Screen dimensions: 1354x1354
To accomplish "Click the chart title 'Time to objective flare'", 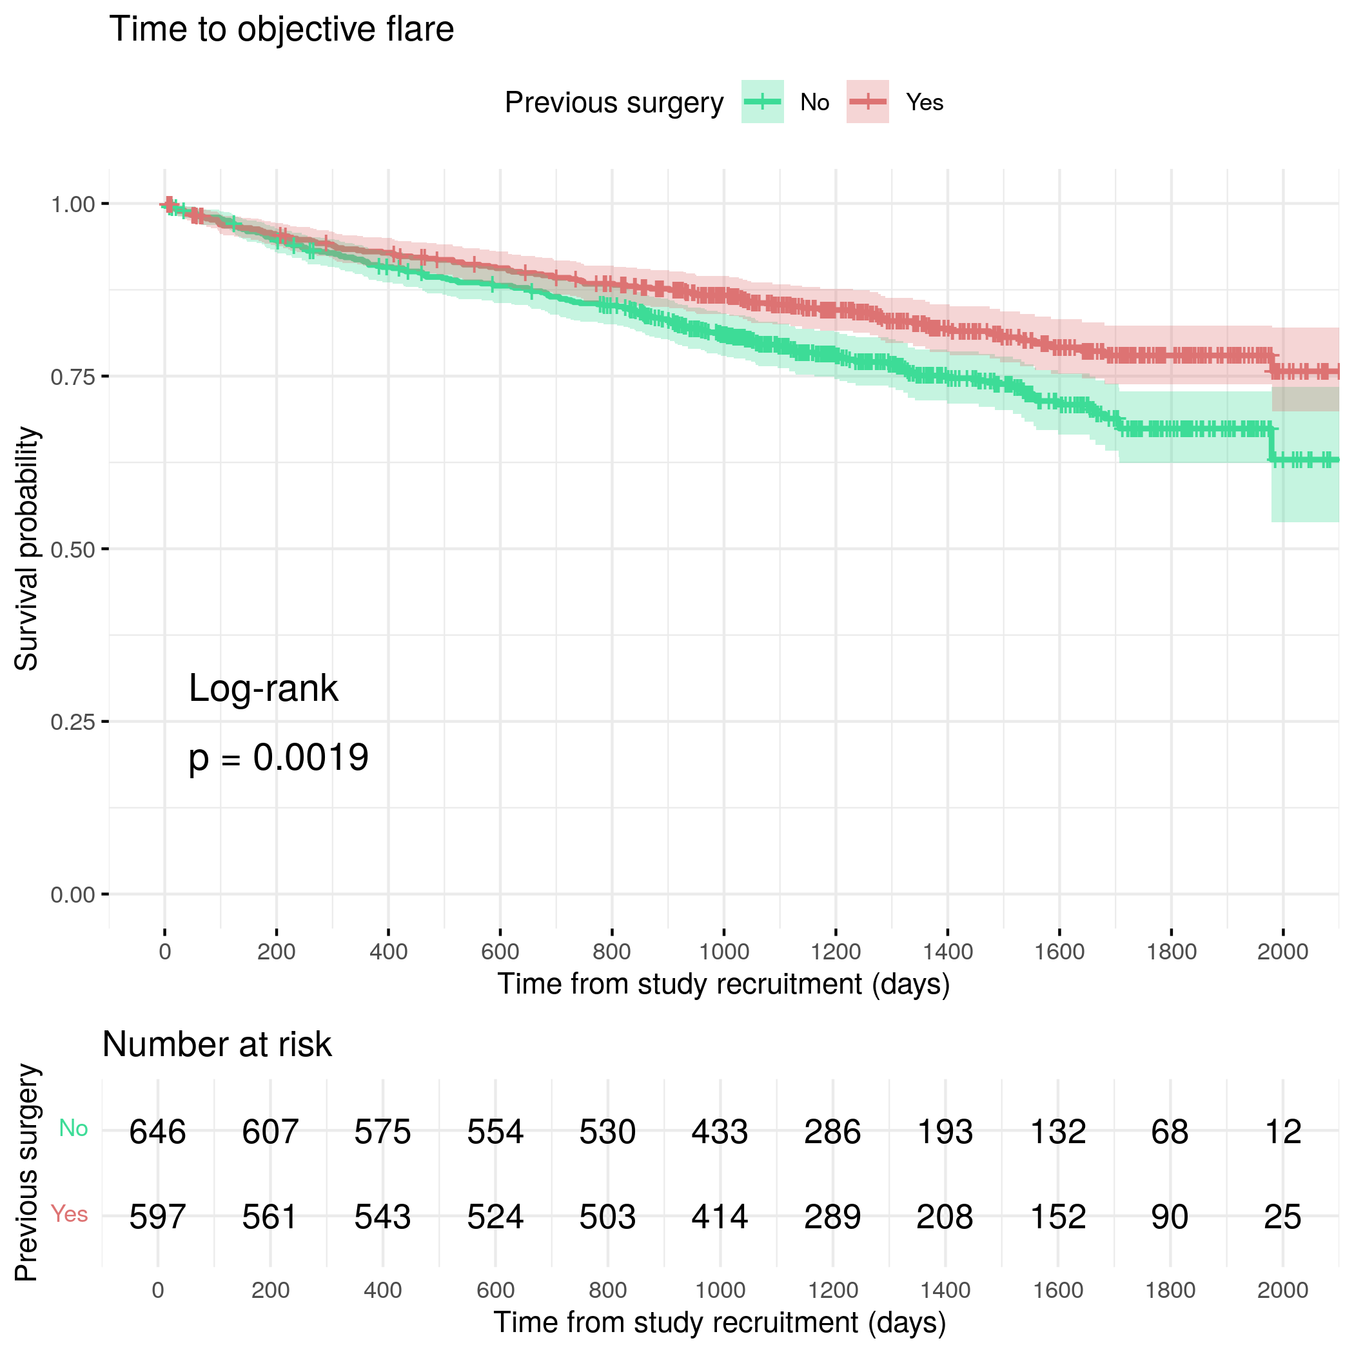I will pyautogui.click(x=282, y=30).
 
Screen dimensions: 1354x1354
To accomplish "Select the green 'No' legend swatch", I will pyautogui.click(x=763, y=103).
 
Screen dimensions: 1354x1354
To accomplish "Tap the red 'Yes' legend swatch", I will pyautogui.click(x=868, y=103).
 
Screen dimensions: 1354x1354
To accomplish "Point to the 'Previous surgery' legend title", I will pyautogui.click(x=614, y=103).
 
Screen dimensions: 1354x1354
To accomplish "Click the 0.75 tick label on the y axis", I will pyautogui.click(x=72, y=377).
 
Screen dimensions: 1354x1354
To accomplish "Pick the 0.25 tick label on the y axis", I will pyautogui.click(x=72, y=722).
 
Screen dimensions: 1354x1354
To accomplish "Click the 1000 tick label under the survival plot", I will pyautogui.click(x=724, y=952).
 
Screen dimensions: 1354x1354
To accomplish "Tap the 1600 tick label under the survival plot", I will pyautogui.click(x=1059, y=952).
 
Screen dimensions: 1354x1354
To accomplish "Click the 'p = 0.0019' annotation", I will pyautogui.click(x=279, y=758).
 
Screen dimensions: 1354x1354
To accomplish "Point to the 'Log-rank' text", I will pyautogui.click(x=264, y=688).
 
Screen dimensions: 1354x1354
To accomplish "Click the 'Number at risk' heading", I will pyautogui.click(x=217, y=1045).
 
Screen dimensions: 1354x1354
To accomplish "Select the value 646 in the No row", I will pyautogui.click(x=158, y=1132).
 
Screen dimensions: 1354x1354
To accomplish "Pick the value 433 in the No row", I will pyautogui.click(x=720, y=1132).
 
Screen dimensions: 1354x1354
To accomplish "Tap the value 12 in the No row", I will pyautogui.click(x=1282, y=1132).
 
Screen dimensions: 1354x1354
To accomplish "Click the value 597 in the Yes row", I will pyautogui.click(x=158, y=1217).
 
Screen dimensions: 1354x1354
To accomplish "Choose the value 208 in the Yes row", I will pyautogui.click(x=945, y=1217).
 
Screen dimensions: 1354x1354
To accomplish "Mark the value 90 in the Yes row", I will pyautogui.click(x=1170, y=1217).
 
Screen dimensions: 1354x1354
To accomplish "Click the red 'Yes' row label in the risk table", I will pyautogui.click(x=70, y=1214).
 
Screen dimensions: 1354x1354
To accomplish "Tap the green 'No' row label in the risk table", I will pyautogui.click(x=74, y=1128).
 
